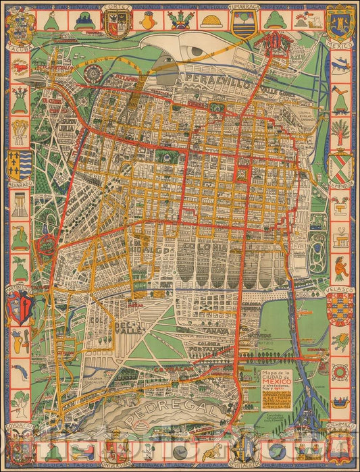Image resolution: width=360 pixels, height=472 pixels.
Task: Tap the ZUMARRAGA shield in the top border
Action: tap(242, 24)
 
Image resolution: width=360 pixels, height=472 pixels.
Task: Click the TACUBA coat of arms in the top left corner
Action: tap(18, 24)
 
